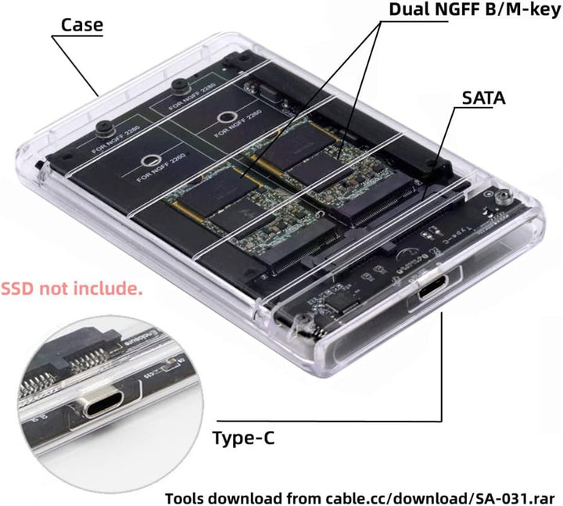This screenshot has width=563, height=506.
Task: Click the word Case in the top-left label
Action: point(82,24)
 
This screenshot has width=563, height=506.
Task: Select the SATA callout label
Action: point(483,99)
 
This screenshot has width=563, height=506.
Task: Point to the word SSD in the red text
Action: point(19,289)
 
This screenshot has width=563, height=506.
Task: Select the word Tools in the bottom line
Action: point(188,497)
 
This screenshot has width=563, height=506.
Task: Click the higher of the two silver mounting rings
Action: point(226,120)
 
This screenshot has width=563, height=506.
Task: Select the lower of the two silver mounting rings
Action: point(146,160)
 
